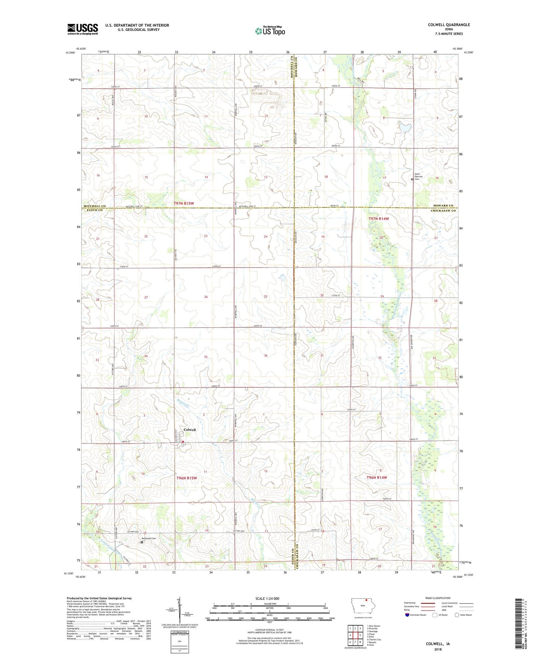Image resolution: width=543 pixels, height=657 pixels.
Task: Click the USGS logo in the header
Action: [82, 29]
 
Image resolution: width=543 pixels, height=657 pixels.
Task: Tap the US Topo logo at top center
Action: [269, 31]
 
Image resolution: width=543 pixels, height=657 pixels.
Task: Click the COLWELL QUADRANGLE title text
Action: [449, 25]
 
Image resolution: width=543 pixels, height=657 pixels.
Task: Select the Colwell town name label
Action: [189, 430]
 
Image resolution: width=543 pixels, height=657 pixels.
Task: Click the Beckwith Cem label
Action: [148, 538]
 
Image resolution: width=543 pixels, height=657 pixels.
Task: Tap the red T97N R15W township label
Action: [184, 204]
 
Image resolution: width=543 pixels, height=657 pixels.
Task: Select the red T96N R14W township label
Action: [377, 478]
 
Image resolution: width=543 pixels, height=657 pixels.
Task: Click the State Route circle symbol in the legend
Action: [457, 615]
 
